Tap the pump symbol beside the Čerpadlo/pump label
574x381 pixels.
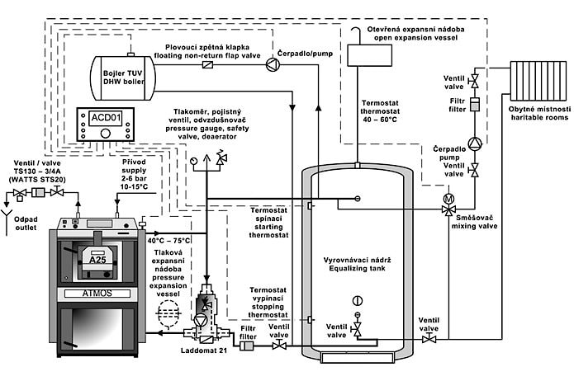point(273,65)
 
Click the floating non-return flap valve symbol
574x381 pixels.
point(209,64)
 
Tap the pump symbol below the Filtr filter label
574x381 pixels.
point(474,142)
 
